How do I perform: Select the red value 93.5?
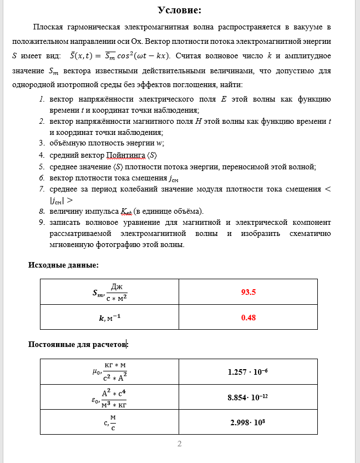248,291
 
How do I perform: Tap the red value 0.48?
248,318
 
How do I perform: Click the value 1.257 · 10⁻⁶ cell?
248,371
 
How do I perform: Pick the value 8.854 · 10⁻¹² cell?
248,397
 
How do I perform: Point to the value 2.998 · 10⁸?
248,422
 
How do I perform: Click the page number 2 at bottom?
180,444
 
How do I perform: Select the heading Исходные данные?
63,265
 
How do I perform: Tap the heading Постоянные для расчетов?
78,344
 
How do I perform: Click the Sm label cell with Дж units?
109,291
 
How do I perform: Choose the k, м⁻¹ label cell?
109,318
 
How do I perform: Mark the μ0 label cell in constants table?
109,371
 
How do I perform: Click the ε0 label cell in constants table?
109,397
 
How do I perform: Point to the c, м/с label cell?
109,422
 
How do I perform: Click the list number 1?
42,99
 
